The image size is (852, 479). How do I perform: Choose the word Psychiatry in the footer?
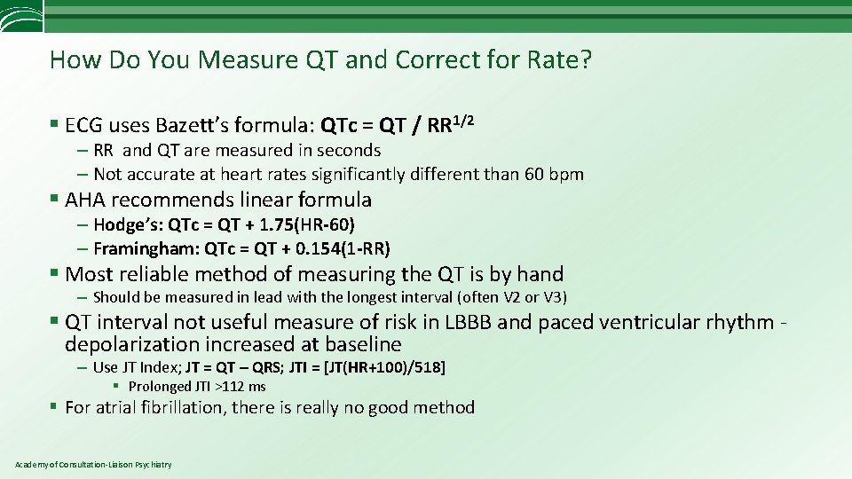(x=154, y=465)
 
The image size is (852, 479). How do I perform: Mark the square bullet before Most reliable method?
(x=56, y=274)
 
